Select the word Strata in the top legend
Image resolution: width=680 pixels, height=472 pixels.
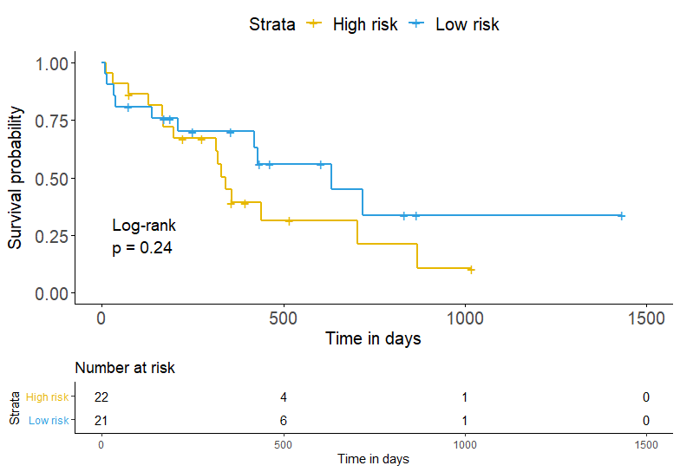pos(272,24)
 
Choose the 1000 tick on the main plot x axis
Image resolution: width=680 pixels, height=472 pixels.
pos(465,318)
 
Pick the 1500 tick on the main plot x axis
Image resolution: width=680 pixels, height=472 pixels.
pos(645,318)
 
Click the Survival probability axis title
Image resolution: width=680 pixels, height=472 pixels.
pos(16,178)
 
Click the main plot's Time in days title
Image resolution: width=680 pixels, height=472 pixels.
pos(373,338)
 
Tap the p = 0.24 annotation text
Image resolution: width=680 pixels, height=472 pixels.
pos(142,248)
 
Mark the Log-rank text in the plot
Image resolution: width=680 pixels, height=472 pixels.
pos(144,226)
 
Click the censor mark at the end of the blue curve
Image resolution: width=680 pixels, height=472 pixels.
pos(621,215)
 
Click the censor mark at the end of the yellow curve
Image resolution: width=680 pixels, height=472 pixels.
pos(471,270)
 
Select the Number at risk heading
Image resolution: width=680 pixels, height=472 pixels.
pos(125,368)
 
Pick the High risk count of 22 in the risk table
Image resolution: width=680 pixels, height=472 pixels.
pos(101,397)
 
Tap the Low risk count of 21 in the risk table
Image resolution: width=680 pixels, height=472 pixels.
pos(101,421)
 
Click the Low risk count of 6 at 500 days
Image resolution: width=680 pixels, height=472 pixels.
pos(284,421)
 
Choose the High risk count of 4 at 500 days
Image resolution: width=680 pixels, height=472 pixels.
pos(284,397)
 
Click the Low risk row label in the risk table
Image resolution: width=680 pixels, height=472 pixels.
pos(49,421)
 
